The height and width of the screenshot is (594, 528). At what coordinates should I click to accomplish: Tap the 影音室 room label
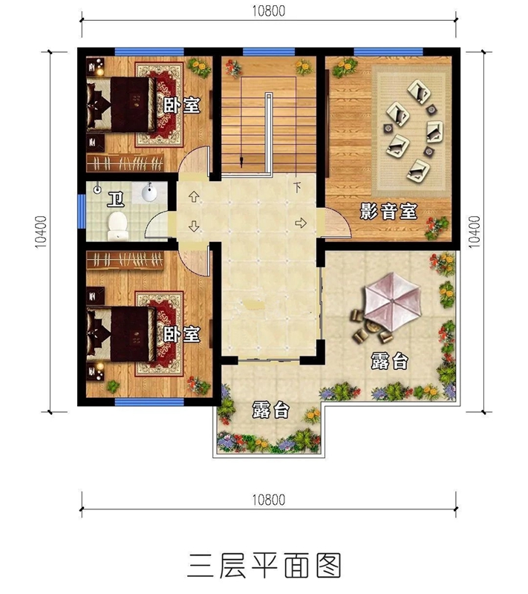[388, 212]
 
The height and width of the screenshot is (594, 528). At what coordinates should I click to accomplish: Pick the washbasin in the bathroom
[149, 194]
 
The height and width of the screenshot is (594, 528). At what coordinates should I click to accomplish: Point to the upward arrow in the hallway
[195, 198]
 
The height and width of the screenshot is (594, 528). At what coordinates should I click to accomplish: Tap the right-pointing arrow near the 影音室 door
[301, 222]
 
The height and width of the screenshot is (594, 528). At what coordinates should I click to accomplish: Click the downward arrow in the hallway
[195, 226]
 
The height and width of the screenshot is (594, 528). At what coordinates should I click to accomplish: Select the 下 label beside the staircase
[298, 186]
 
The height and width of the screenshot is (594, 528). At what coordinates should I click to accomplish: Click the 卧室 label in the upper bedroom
[182, 105]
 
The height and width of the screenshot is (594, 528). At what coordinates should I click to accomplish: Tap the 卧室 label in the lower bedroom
[182, 335]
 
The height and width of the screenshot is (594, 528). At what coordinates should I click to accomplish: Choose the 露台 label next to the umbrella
[390, 362]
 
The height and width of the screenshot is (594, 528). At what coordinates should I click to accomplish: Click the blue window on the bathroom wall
[82, 210]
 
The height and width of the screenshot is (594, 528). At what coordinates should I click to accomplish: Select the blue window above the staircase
[258, 51]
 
